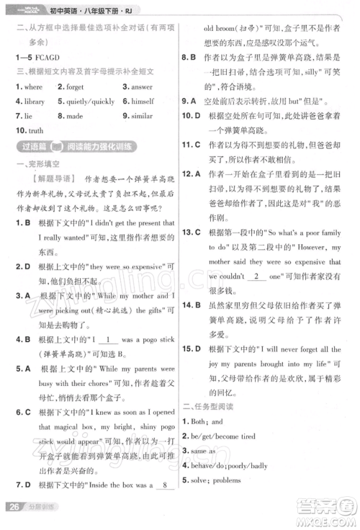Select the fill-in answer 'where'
(33, 86)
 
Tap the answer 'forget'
(74, 86)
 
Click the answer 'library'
(34, 102)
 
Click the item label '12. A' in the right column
(191, 174)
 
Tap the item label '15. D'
(191, 349)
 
